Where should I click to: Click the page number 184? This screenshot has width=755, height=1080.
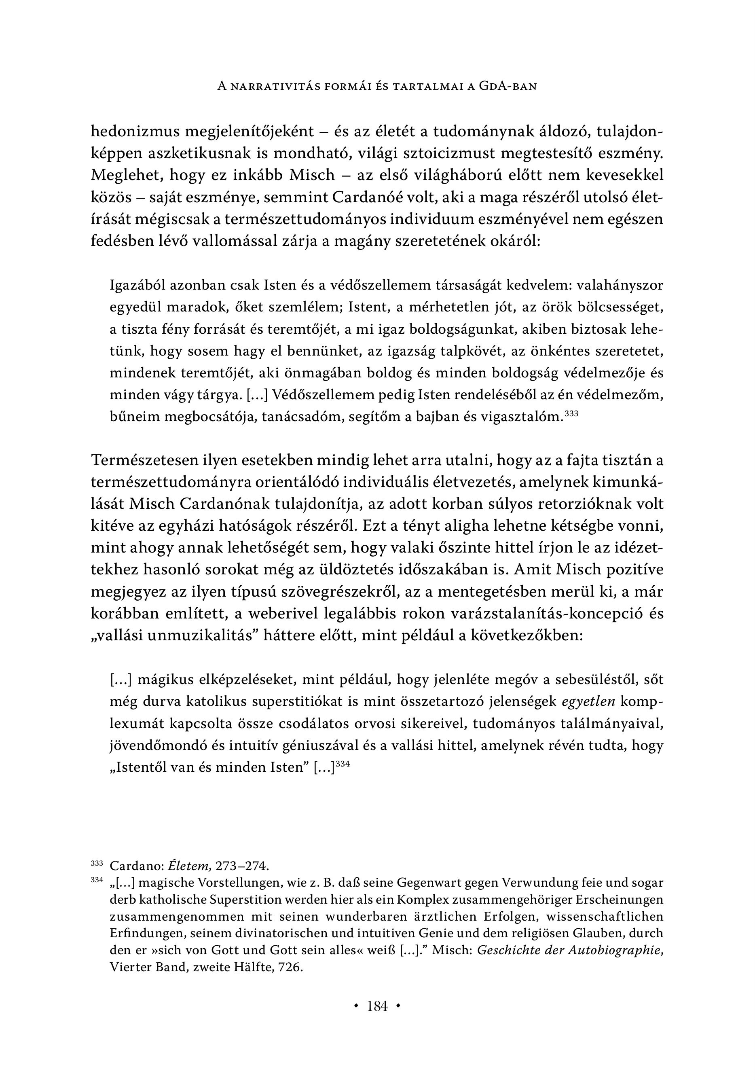[377, 1007]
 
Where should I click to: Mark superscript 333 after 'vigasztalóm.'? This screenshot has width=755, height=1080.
[570, 414]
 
